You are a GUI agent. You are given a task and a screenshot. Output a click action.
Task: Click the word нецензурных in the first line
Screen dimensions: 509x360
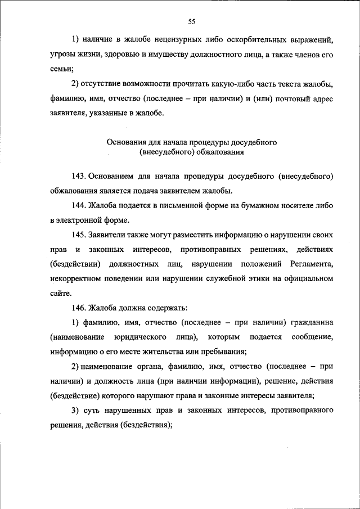pyautogui.click(x=169, y=40)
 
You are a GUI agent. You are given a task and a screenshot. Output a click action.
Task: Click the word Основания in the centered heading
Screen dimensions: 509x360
pyautogui.click(x=125, y=143)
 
